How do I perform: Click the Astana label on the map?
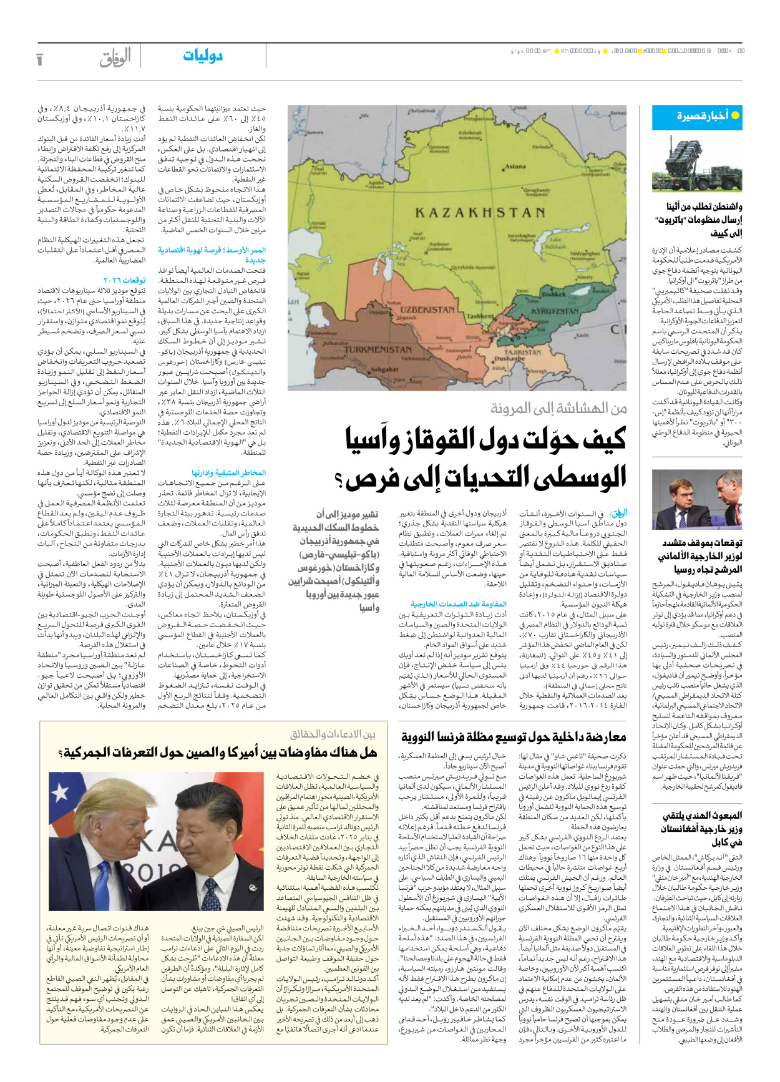tap(515, 167)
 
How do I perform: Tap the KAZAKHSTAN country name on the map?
tap(480, 213)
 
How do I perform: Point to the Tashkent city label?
tap(480, 316)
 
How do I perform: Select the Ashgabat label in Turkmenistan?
tap(384, 369)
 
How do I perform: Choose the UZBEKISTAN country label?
tap(427, 309)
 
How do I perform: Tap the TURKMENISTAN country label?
tap(378, 349)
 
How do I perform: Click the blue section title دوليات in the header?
tap(203, 56)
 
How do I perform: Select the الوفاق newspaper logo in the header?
tap(115, 57)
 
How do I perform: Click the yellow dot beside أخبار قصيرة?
tap(735, 115)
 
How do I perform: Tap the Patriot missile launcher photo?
tap(696, 163)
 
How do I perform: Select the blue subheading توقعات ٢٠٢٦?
tap(124, 280)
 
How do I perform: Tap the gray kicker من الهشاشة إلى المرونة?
tap(558, 409)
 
